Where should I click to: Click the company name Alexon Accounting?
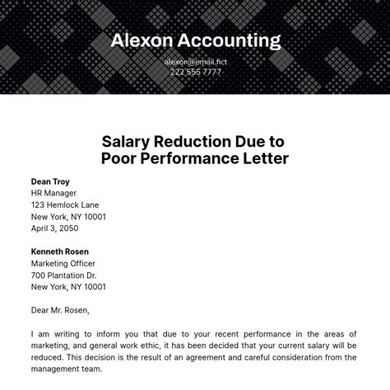[x=195, y=40]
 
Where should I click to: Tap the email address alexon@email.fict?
[x=195, y=61]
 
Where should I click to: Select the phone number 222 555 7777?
[x=195, y=73]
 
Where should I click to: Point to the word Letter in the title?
[x=261, y=158]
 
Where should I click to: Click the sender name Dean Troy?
[x=50, y=181]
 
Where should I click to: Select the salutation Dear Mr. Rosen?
[x=61, y=310]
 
